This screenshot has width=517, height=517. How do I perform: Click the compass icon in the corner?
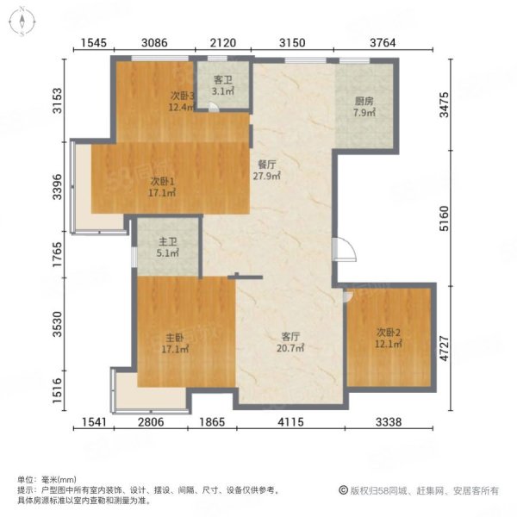(22, 21)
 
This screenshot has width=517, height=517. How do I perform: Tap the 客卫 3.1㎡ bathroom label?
(223, 85)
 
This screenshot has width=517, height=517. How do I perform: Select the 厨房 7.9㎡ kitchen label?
(364, 107)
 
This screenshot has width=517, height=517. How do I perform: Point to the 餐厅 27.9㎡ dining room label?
(267, 170)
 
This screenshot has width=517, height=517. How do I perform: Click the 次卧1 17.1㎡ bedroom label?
(162, 187)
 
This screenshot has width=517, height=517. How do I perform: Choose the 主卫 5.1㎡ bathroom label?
(167, 247)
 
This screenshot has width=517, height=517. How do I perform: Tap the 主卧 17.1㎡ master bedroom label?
(175, 343)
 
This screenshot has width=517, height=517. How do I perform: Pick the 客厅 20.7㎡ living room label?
(290, 342)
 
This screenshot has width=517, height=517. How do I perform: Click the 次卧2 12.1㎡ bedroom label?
(389, 338)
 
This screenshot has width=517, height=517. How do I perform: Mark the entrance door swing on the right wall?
(345, 250)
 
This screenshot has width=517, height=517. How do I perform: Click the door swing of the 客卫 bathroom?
(214, 107)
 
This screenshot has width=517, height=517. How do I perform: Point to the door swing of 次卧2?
(348, 296)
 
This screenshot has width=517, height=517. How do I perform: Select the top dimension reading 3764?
(383, 42)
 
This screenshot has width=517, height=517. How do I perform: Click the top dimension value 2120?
(223, 42)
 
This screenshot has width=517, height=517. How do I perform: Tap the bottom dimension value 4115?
(290, 421)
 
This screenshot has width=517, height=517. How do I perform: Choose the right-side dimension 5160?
(444, 218)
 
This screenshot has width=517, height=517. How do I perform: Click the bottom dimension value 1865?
(212, 421)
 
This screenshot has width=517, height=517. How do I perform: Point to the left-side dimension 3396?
(57, 187)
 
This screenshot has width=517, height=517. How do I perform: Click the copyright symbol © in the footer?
(343, 490)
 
